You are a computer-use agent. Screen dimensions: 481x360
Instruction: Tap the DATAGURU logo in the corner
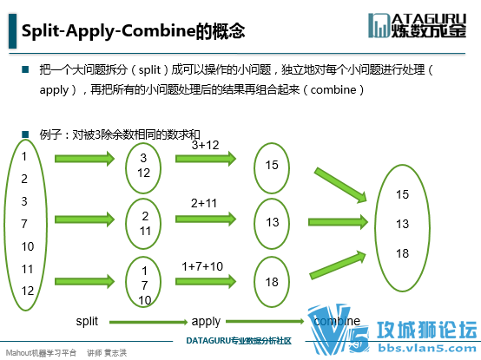pyautogui.click(x=418, y=25)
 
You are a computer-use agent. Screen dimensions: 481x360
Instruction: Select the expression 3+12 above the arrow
pyautogui.click(x=205, y=145)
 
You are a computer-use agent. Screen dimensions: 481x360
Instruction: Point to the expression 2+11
pyautogui.click(x=204, y=203)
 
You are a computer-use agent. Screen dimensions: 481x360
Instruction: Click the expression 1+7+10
pyautogui.click(x=202, y=266)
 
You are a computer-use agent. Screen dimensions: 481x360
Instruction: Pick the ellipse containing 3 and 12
pyautogui.click(x=126, y=168)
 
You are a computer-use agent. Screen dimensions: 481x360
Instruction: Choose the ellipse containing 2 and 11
pyautogui.click(x=126, y=223)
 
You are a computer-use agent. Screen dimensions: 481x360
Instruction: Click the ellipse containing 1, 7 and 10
pyautogui.click(x=126, y=282)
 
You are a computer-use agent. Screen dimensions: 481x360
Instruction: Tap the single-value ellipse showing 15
pyautogui.click(x=254, y=168)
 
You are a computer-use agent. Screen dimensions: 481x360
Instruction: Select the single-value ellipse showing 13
pyautogui.click(x=254, y=223)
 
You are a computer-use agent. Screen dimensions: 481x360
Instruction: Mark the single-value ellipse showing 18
pyautogui.click(x=254, y=282)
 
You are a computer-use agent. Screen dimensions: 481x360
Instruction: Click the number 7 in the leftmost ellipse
pyautogui.click(x=24, y=224)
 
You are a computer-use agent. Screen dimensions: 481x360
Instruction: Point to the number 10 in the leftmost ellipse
pyautogui.click(x=28, y=246)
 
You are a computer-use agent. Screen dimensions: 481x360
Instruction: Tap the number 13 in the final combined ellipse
pyautogui.click(x=402, y=224)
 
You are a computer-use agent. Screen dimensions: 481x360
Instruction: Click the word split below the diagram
pyautogui.click(x=87, y=321)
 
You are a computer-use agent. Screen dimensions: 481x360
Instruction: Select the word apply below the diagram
pyautogui.click(x=206, y=322)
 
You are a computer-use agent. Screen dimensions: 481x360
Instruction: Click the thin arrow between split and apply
pyautogui.click(x=148, y=322)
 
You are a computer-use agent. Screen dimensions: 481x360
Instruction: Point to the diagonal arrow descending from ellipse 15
pyautogui.click(x=340, y=185)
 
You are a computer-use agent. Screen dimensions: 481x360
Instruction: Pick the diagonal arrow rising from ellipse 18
pyautogui.click(x=338, y=265)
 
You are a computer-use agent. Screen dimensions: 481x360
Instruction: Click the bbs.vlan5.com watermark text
pyautogui.click(x=427, y=349)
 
